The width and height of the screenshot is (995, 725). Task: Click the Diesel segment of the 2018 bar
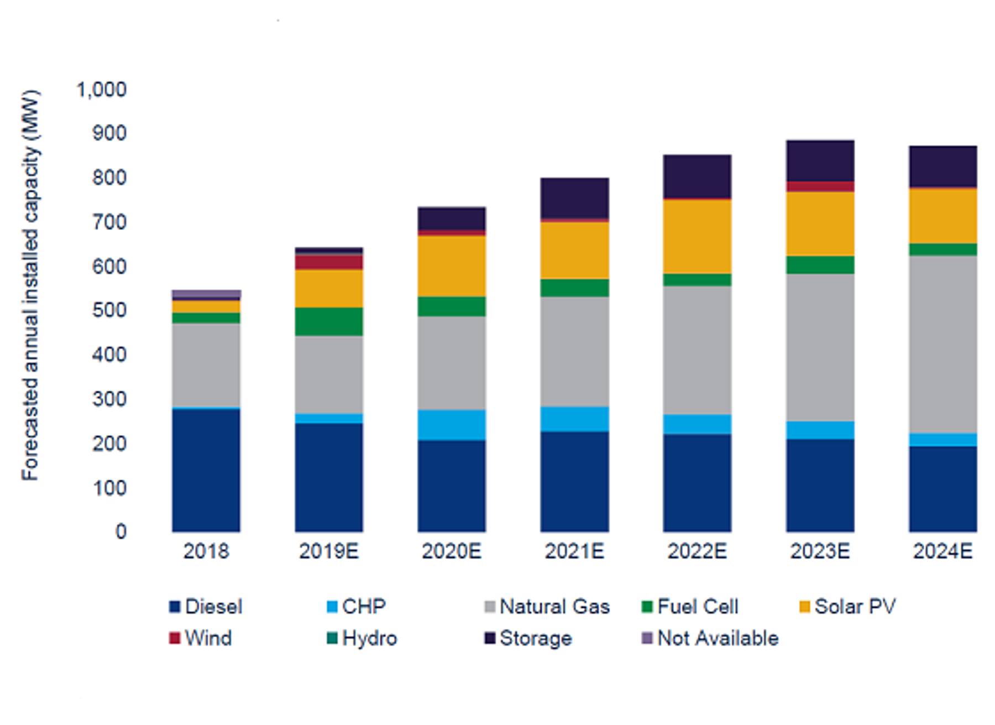206,470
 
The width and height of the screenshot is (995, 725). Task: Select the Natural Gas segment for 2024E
942,344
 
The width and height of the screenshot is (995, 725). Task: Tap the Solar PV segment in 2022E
697,236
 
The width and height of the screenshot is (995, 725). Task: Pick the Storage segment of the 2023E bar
820,160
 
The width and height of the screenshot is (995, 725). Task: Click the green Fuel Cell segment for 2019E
329,321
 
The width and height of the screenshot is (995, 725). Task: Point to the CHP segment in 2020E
452,425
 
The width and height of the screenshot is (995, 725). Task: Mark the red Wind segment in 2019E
329,262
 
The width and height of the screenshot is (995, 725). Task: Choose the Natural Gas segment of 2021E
574,352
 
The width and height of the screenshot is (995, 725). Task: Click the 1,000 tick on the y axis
102,90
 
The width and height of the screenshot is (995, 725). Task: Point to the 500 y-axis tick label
109,310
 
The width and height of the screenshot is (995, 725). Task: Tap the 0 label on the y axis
121,531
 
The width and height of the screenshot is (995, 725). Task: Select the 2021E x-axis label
574,551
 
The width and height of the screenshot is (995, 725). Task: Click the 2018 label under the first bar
206,551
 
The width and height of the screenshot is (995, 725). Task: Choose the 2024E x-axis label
942,551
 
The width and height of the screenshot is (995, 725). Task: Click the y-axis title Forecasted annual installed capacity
30,285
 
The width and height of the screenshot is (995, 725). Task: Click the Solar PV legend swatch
805,607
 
